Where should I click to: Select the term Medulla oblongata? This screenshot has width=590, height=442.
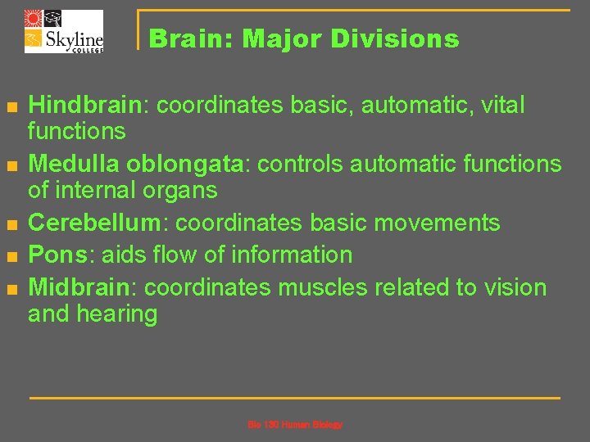coord(136,164)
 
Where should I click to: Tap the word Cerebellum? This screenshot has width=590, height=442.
coord(98,223)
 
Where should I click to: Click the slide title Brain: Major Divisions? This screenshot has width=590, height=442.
coord(304,38)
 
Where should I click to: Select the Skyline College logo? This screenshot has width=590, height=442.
coord(64,31)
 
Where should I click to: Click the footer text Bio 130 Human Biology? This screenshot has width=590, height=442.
coord(295,425)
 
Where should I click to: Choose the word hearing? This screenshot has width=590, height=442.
coord(116,314)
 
